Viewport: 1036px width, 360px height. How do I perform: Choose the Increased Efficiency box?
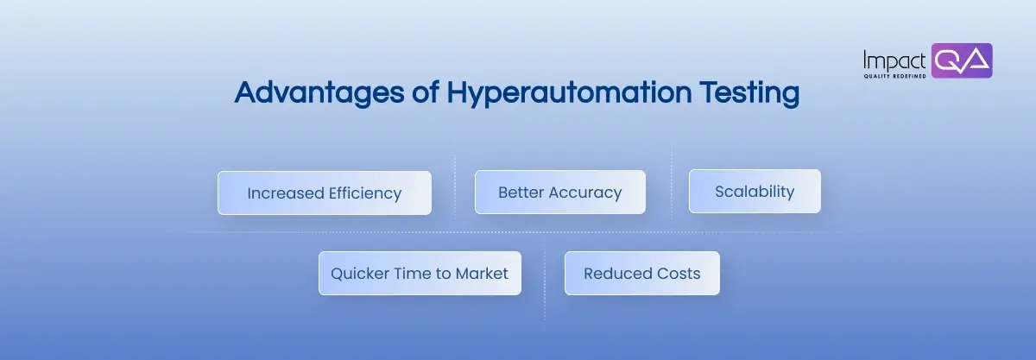[324, 193]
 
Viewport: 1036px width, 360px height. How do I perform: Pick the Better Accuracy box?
[559, 192]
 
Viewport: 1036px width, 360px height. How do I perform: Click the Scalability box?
[754, 191]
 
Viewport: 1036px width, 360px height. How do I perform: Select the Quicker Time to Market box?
[420, 274]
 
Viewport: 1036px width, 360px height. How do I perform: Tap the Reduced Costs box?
[641, 274]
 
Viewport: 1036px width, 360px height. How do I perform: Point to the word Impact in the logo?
[895, 60]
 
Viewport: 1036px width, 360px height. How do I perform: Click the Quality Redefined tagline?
[894, 76]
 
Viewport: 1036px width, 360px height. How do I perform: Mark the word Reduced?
[616, 274]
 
